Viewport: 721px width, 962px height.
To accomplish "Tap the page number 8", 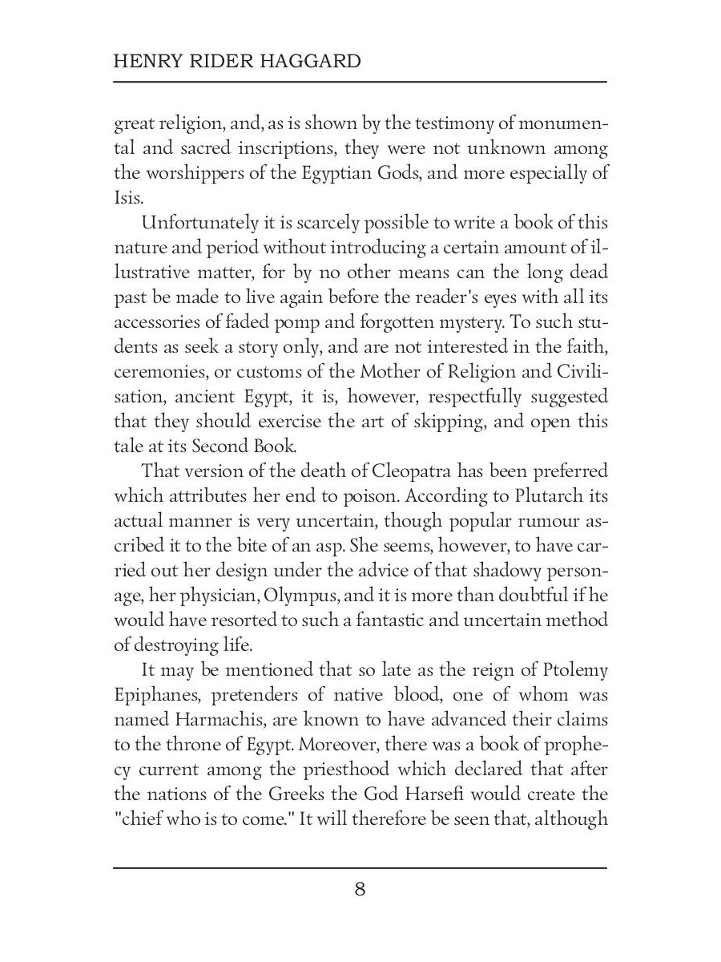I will [x=360, y=889].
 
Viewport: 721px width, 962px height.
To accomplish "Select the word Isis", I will [x=128, y=197].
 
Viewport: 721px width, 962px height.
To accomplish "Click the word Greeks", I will [x=308, y=794].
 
